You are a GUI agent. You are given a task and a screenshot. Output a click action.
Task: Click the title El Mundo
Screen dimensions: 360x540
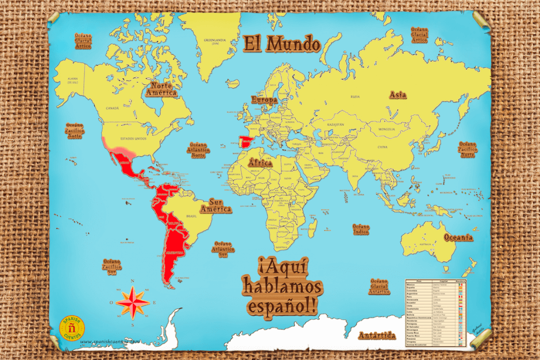[281, 44]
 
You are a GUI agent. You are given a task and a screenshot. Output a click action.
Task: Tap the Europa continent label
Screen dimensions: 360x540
[264, 100]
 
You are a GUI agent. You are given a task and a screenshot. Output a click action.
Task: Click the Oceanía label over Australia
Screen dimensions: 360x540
[458, 237]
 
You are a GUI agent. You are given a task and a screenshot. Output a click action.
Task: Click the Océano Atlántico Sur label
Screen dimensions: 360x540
[223, 250]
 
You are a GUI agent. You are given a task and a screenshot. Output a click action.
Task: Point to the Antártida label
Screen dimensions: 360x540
[377, 335]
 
